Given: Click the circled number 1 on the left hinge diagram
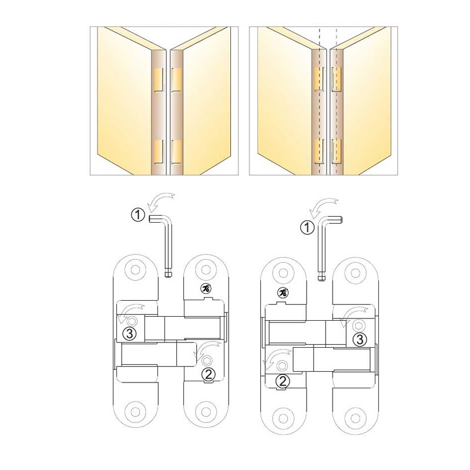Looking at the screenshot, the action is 138,215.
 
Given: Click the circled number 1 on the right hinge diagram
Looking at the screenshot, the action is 307,228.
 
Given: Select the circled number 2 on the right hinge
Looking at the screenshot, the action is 283,381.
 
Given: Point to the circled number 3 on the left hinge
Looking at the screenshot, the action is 130,333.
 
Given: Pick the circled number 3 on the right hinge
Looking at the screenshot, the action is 360,339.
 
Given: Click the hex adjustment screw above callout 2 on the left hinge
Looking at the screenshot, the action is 207,360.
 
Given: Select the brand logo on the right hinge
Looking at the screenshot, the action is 282,292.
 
